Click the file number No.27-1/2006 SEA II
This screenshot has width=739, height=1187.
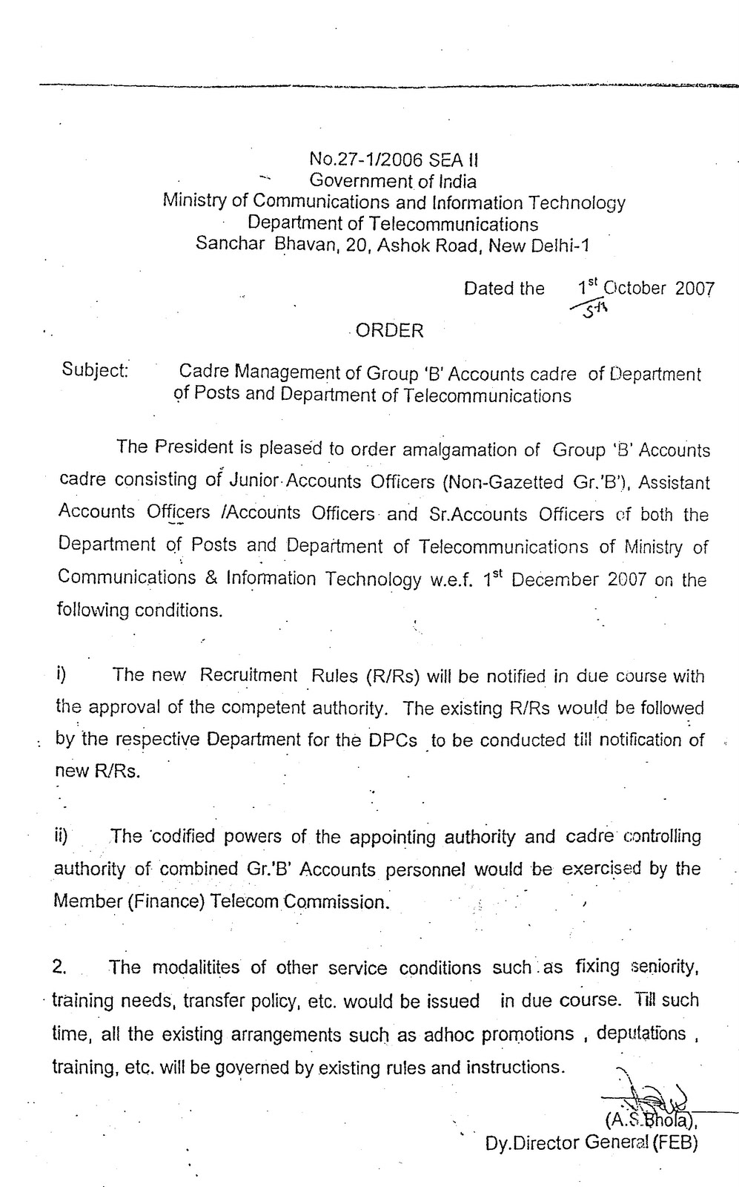pos(394,159)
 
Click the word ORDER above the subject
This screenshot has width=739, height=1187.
pos(389,331)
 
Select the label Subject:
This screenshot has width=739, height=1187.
pos(96,369)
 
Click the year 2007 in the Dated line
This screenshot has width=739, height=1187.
pos(695,289)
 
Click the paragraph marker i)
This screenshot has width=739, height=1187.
pos(62,674)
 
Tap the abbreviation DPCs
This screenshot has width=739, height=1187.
pos(392,740)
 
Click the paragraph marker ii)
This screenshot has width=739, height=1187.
pos(61,836)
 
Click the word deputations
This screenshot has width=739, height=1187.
pos(640,1033)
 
